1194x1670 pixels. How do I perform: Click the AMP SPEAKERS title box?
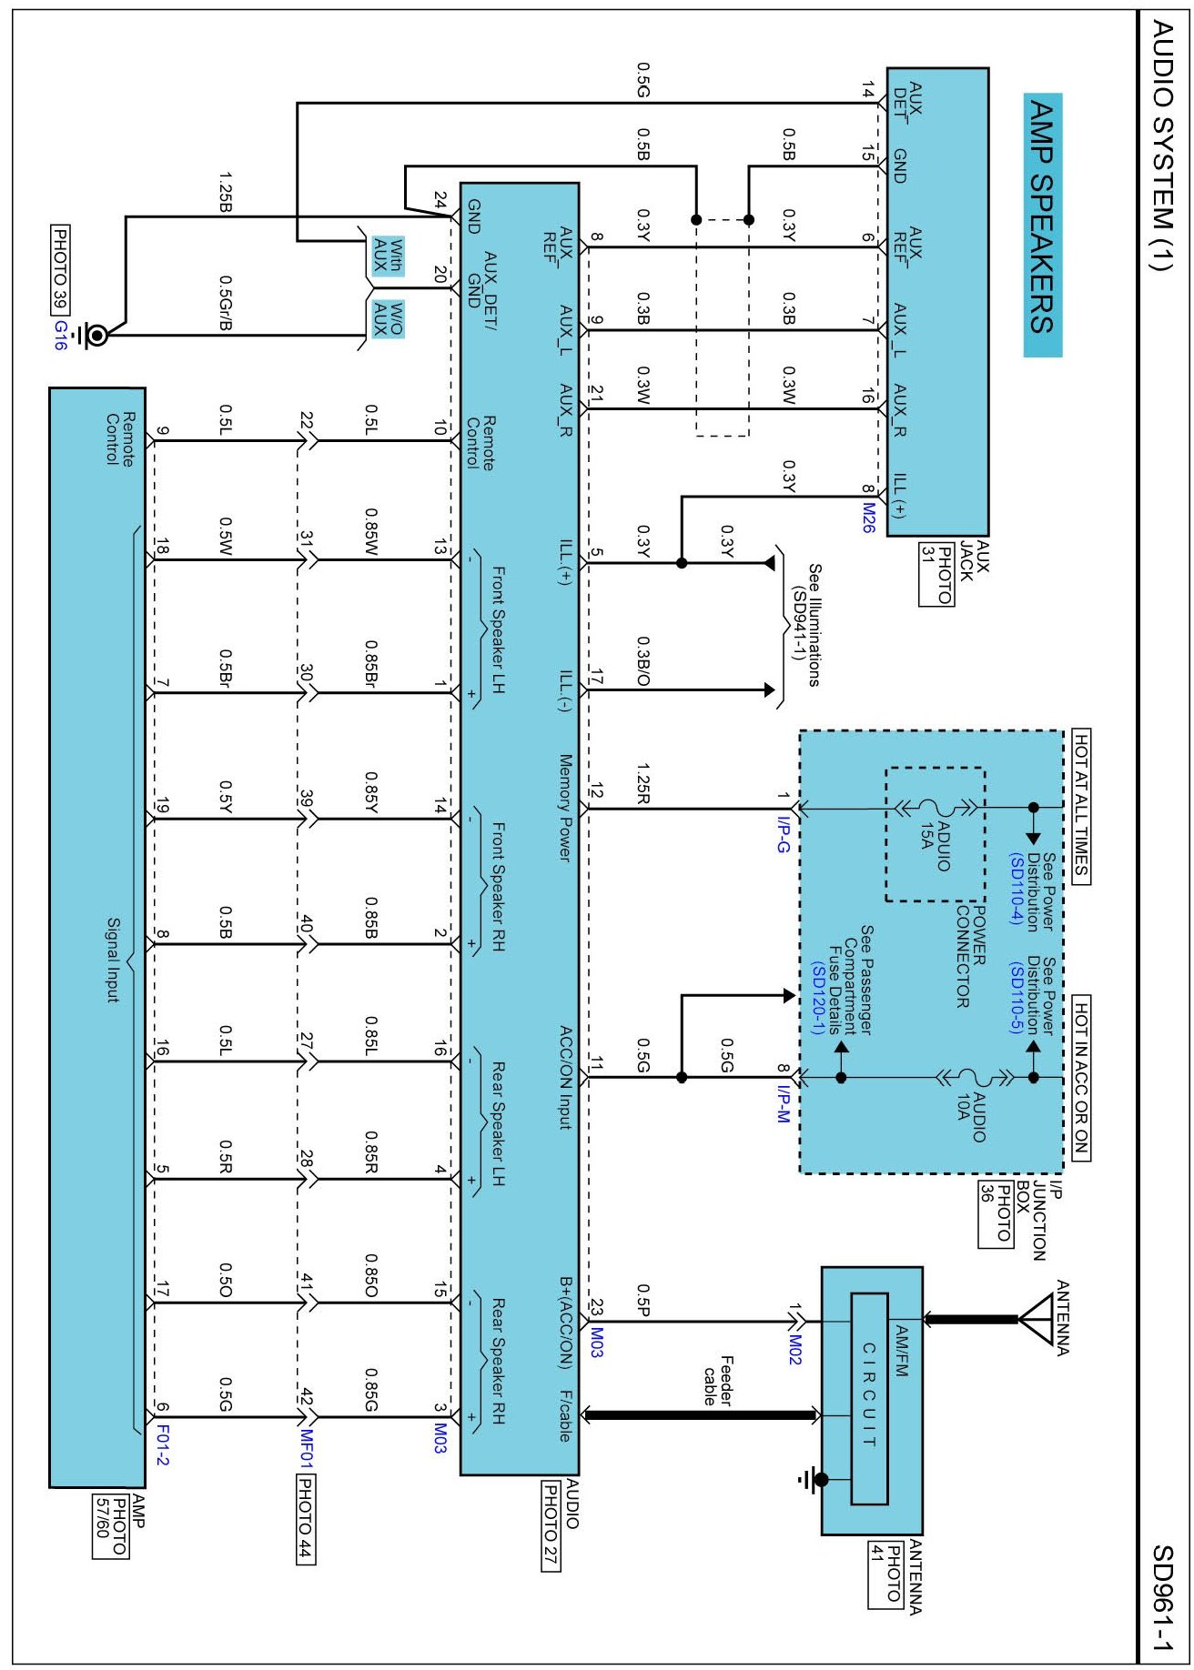(x=1042, y=225)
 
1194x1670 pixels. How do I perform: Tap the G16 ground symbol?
(x=92, y=336)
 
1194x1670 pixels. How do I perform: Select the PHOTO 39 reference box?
(x=61, y=269)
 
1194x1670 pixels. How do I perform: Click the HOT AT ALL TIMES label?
(x=1081, y=806)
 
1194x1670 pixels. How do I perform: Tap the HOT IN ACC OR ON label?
(x=1081, y=1078)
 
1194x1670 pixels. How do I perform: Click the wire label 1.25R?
(x=643, y=783)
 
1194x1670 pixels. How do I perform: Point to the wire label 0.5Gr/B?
(x=225, y=303)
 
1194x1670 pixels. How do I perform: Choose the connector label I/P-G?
(x=784, y=834)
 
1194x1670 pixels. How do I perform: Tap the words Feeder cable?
(x=718, y=1381)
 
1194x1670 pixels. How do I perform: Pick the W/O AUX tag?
(x=388, y=319)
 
